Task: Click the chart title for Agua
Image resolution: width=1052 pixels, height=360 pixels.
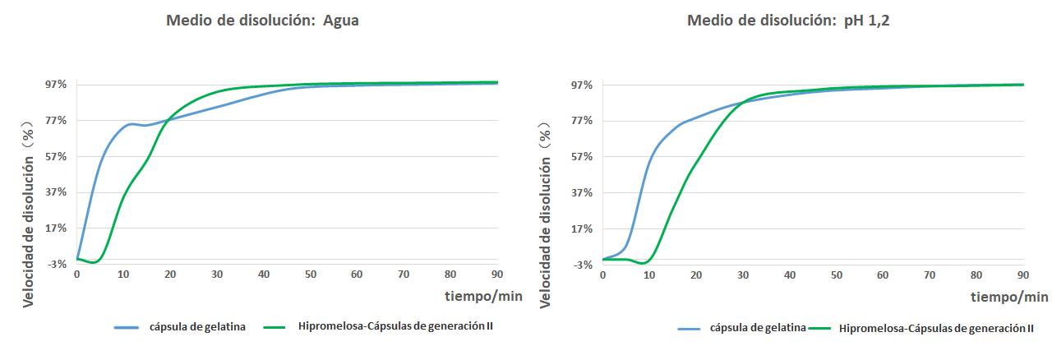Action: [262, 21]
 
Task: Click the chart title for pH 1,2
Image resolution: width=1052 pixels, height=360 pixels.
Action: [788, 21]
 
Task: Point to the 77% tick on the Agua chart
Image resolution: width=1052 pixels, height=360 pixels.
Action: [55, 120]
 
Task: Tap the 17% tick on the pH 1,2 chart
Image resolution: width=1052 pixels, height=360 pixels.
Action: [581, 228]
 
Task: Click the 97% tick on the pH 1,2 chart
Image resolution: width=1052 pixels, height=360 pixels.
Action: [581, 85]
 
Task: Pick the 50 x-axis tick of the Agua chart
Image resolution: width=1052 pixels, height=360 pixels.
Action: [311, 274]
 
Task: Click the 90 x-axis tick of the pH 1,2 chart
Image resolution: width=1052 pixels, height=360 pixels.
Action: [1023, 274]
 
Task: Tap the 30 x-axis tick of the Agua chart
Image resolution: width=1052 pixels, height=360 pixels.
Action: [217, 274]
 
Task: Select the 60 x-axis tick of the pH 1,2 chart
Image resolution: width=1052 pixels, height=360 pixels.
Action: [884, 274]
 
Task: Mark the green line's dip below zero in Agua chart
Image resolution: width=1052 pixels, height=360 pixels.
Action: [95, 262]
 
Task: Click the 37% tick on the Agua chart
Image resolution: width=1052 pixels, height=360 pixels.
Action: [55, 192]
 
